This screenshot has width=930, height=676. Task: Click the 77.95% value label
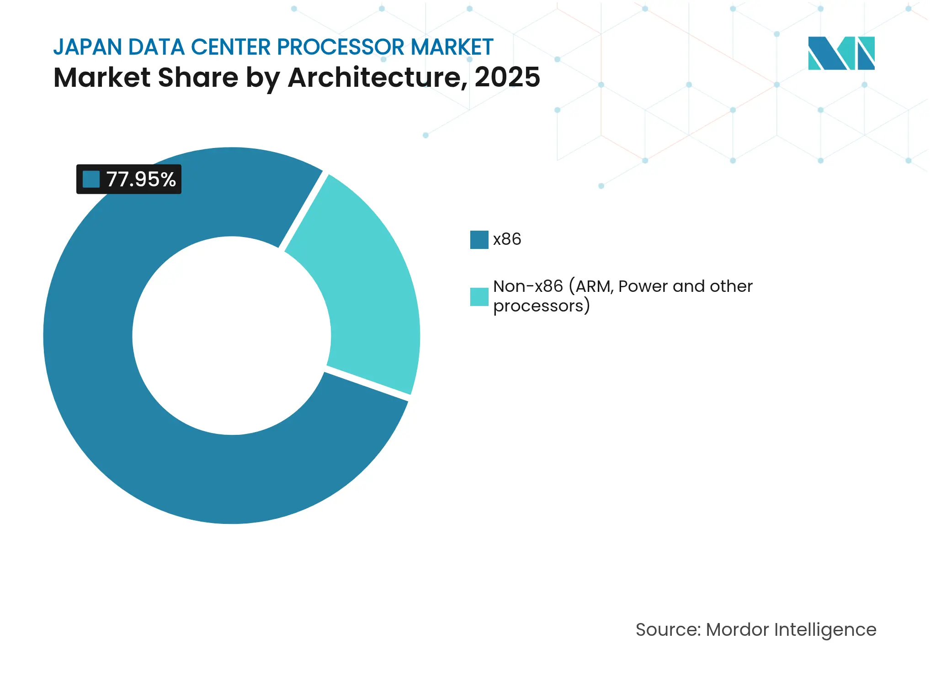point(141,180)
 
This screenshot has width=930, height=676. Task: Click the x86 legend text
point(507,239)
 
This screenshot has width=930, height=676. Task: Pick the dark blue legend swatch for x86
point(479,240)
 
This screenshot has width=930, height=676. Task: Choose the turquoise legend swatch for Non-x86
point(479,297)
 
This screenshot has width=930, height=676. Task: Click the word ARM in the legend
point(593,286)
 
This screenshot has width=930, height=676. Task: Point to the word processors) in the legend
point(542,306)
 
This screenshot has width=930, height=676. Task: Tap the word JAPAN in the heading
point(87,47)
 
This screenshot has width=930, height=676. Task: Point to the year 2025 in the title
point(507,77)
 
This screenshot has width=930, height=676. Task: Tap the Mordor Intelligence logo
point(841,53)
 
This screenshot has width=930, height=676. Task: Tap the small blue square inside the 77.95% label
point(91,179)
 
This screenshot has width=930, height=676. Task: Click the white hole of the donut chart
point(232,336)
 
